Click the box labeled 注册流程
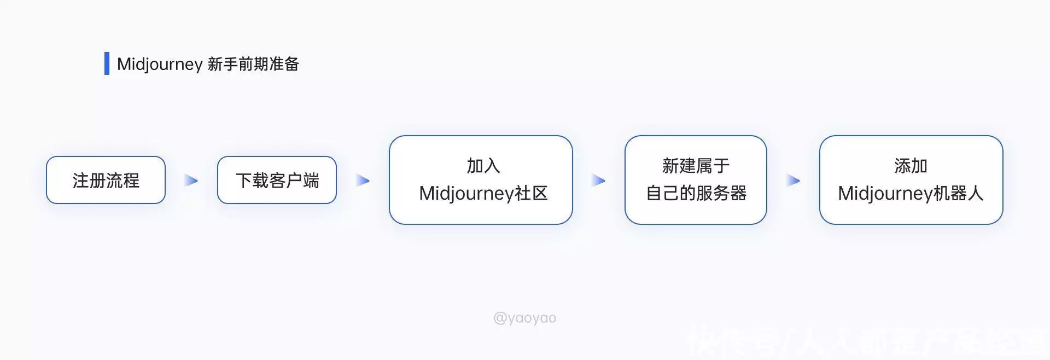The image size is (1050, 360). pyautogui.click(x=106, y=180)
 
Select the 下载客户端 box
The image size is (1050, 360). pyautogui.click(x=277, y=180)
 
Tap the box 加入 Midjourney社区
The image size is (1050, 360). pyautogui.click(x=481, y=180)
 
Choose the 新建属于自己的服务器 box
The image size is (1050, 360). pyautogui.click(x=696, y=180)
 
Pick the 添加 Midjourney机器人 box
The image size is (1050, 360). pyautogui.click(x=911, y=180)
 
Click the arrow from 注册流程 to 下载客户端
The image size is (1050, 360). pyautogui.click(x=191, y=180)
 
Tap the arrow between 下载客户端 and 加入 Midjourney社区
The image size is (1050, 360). pyautogui.click(x=363, y=180)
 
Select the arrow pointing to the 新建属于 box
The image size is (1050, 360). pyautogui.click(x=598, y=180)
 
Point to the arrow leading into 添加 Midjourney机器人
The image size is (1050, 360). pyautogui.click(x=793, y=180)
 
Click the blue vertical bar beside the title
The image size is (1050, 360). pyautogui.click(x=107, y=63)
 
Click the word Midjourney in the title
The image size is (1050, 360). pyautogui.click(x=160, y=65)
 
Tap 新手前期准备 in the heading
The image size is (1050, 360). pyautogui.click(x=253, y=64)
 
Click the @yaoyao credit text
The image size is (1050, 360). pyautogui.click(x=524, y=318)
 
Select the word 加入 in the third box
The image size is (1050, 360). pyautogui.click(x=483, y=166)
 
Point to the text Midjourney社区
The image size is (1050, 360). pyautogui.click(x=483, y=193)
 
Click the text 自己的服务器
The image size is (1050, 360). pyautogui.click(x=696, y=193)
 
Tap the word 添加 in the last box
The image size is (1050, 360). pyautogui.click(x=911, y=166)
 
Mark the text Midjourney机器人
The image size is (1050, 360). pyautogui.click(x=911, y=193)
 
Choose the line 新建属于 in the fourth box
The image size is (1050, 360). pyautogui.click(x=696, y=166)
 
